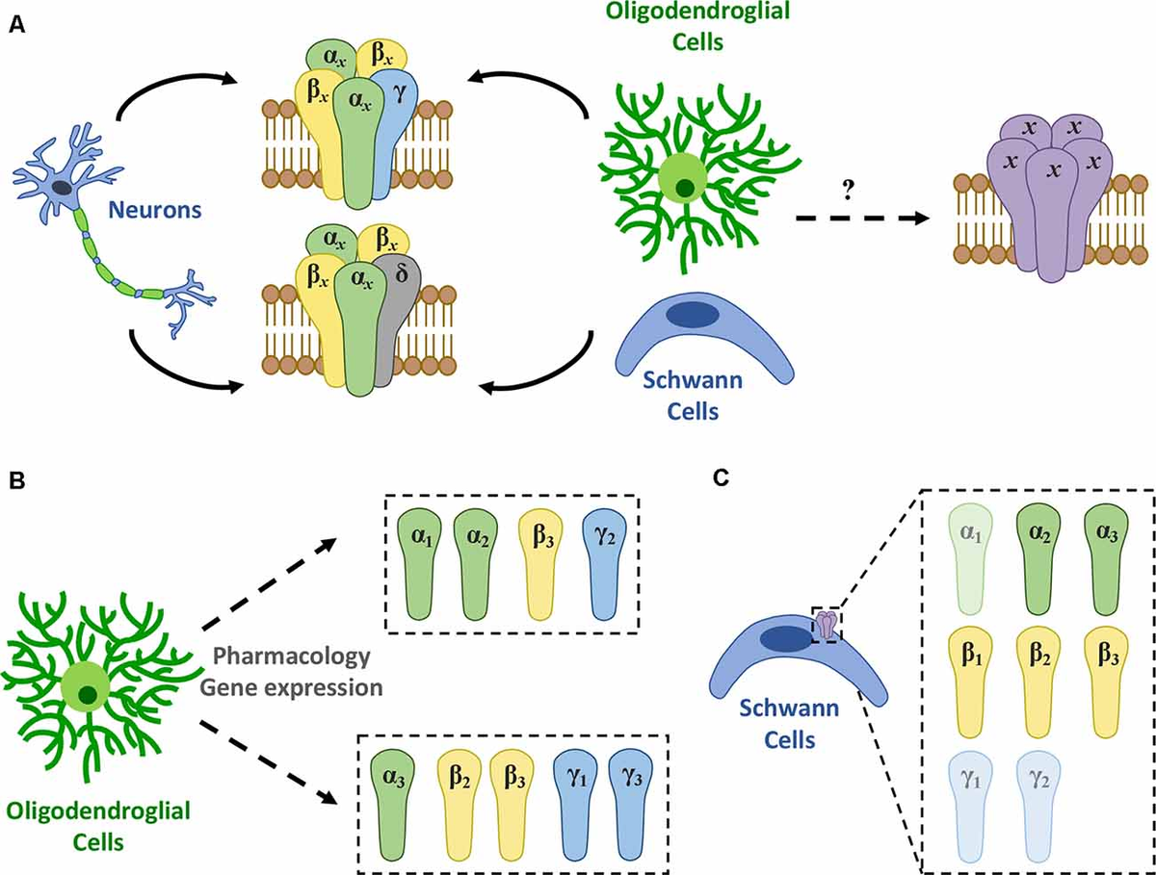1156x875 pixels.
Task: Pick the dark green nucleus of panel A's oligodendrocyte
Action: [685, 188]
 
